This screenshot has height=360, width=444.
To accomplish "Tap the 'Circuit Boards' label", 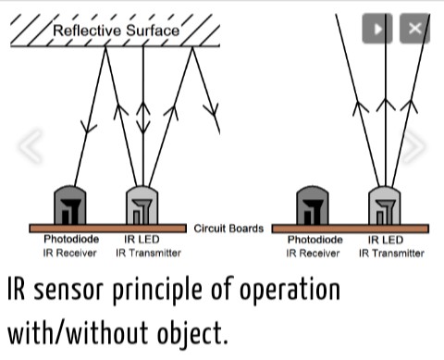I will (228, 228).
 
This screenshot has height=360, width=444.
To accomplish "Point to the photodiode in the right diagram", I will (312, 204).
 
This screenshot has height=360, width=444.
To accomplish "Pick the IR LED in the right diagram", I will (386, 204).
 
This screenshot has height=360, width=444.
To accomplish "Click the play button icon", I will (376, 29).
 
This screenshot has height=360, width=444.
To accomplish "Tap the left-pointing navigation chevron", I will (30, 146).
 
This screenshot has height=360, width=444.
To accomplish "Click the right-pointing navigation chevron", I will (413, 146).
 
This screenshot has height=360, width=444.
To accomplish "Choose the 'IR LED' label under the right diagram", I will (386, 239).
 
